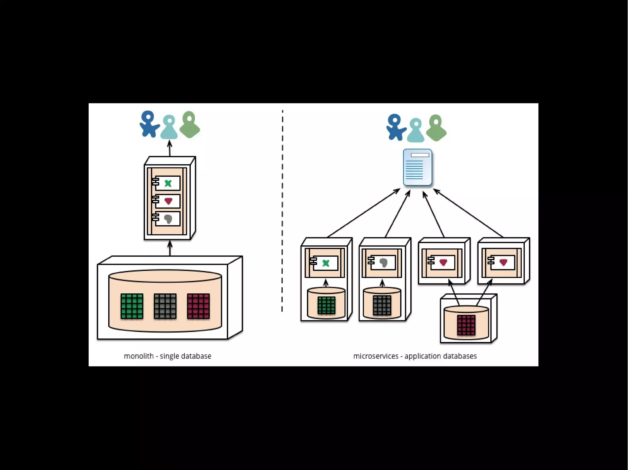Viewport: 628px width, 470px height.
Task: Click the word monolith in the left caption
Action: pos(139,356)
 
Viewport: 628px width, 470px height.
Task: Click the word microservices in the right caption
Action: pos(376,356)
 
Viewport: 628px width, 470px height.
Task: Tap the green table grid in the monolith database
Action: pos(132,306)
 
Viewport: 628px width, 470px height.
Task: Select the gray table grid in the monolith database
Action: pos(165,306)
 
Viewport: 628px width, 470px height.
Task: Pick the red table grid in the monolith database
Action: pos(198,306)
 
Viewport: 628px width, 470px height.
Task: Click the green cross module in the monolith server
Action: pos(167,183)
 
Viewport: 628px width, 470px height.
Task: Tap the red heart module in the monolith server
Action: pos(167,201)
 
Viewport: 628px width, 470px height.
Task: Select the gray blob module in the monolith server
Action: pos(167,219)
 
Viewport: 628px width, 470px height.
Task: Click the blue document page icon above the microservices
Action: pos(417,167)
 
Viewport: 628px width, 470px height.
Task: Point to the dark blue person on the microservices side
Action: pos(396,127)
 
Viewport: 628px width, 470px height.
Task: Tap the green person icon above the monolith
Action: pos(190,124)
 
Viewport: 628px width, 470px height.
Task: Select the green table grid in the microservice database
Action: pos(326,305)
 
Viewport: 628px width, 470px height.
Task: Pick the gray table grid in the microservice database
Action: pos(382,305)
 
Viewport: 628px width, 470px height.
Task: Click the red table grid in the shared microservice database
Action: pos(466,325)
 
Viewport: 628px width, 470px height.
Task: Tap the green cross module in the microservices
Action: pos(325,263)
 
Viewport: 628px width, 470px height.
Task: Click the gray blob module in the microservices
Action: pos(383,262)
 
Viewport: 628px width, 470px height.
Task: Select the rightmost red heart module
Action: pos(503,262)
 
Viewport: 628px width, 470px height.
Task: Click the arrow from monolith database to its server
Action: pos(170,248)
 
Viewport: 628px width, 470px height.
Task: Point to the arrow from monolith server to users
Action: pos(170,148)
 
